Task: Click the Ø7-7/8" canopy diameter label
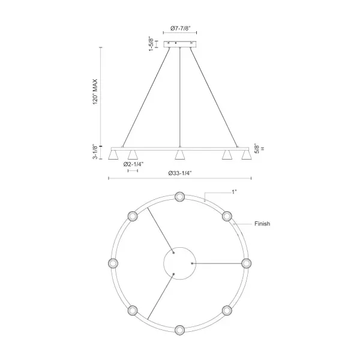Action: tap(180, 29)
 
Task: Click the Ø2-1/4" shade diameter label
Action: tap(133, 164)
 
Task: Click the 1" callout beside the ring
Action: tap(233, 191)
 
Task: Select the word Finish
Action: tap(262, 224)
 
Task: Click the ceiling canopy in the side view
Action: tap(180, 44)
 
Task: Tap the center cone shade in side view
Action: tap(179, 155)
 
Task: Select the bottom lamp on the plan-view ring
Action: tap(179, 329)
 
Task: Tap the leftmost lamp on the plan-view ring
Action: tap(112, 263)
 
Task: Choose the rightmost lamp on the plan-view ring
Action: tap(246, 263)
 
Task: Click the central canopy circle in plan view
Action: tap(179, 263)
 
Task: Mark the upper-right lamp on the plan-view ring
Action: tap(226, 216)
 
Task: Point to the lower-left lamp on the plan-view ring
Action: tap(132, 310)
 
